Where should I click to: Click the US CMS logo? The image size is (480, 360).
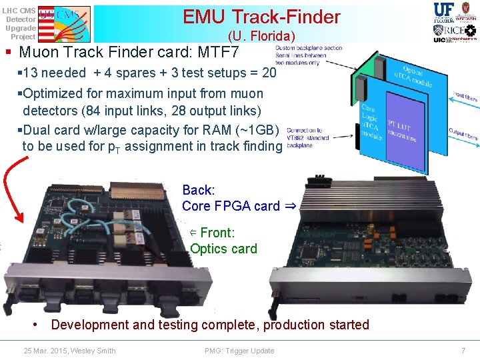point(64,22)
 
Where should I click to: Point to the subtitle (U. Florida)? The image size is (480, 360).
point(261,36)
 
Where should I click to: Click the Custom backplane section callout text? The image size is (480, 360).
point(308,55)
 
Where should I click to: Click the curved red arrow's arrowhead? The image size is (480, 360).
point(21,219)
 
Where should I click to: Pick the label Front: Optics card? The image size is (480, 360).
point(223,241)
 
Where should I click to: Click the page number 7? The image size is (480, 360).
point(463,351)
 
